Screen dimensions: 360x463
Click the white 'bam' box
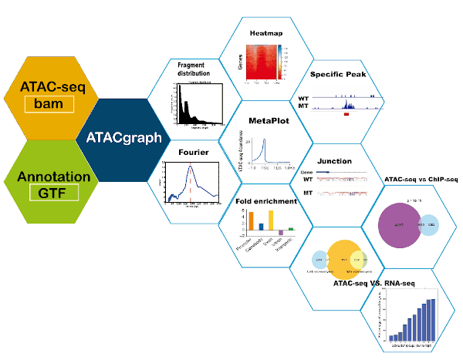pos(50,103)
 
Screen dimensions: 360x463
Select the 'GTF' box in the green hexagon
pos(50,197)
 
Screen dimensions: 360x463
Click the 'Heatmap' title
pos(266,33)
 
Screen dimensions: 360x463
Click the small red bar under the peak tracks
pos(346,114)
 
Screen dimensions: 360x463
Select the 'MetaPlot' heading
pos(265,122)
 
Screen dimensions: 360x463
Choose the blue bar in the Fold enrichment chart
pos(261,227)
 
